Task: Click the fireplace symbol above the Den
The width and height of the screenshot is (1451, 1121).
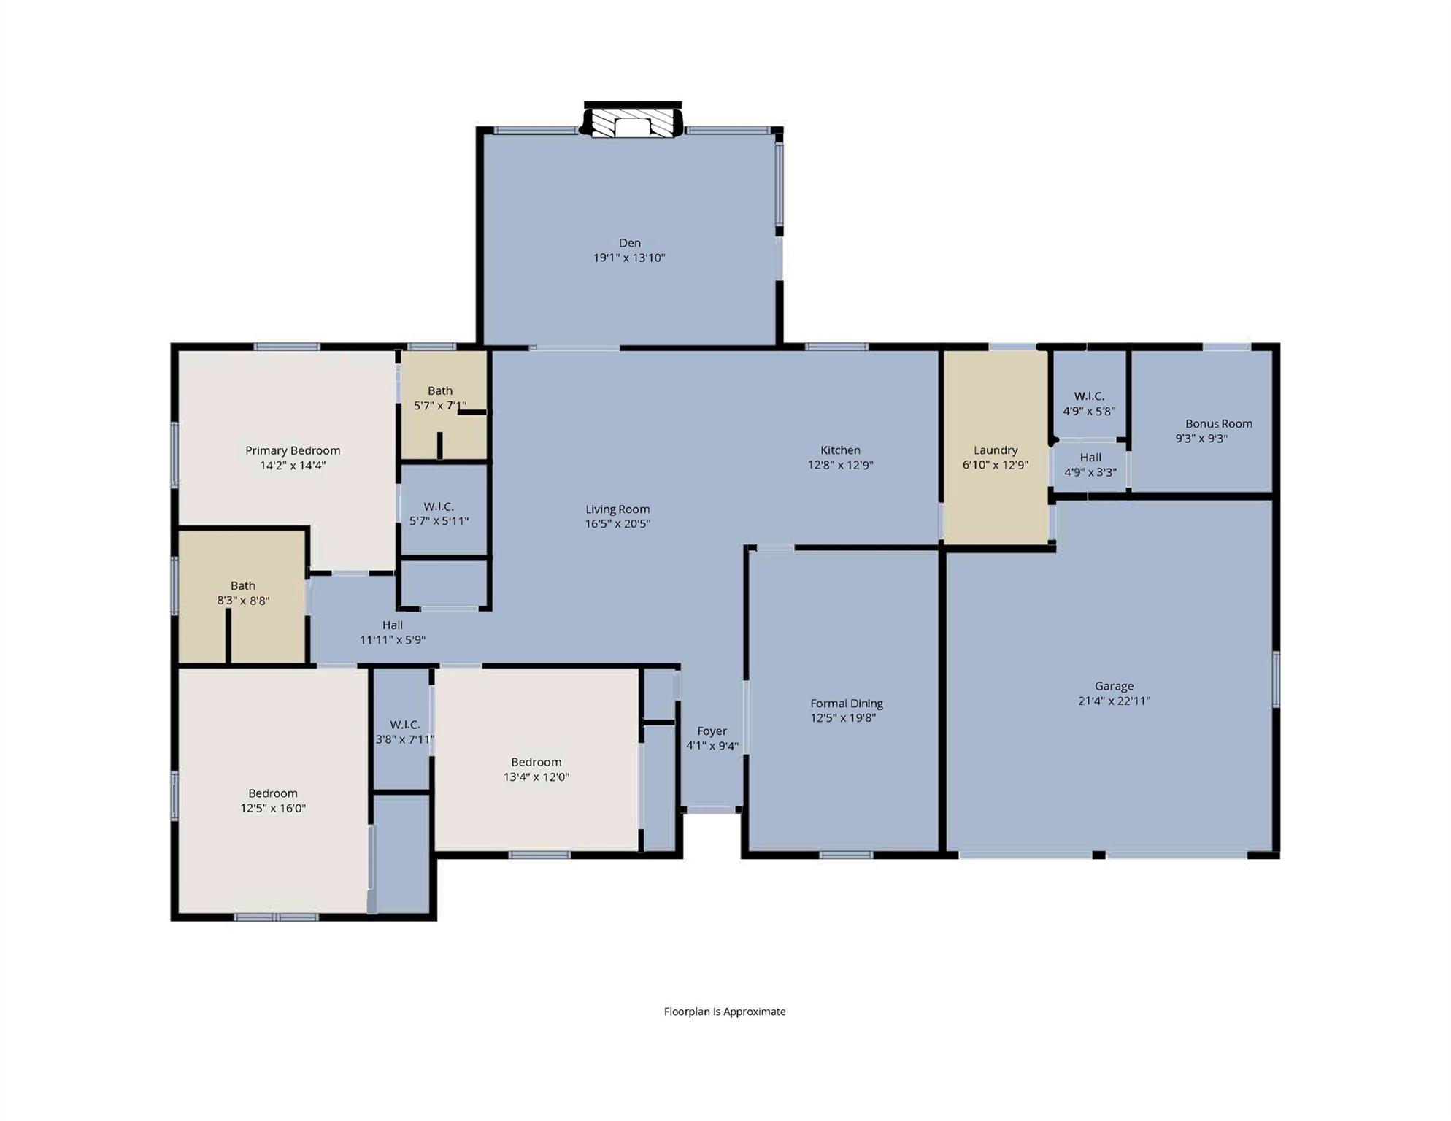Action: pos(632,123)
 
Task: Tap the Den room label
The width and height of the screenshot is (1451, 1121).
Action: pos(629,243)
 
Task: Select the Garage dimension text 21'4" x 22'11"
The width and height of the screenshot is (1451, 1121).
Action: pos(1114,701)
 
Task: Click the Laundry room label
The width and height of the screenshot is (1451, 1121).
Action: pos(995,450)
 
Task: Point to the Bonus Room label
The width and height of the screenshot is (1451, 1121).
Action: pos(1218,423)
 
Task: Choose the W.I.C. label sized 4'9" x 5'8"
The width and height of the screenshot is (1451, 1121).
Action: pos(1088,396)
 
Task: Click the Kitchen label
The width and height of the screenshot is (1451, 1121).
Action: pos(840,450)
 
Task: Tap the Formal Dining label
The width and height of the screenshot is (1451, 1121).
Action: pos(846,704)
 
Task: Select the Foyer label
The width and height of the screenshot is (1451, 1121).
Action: pos(712,731)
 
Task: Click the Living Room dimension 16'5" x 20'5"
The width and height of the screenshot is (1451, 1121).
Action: pos(617,523)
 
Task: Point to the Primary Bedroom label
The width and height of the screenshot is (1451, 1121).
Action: pos(293,450)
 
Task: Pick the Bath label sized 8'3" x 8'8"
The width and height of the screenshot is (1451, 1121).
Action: pos(242,585)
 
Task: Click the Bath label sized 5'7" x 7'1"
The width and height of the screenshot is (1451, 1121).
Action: pos(439,391)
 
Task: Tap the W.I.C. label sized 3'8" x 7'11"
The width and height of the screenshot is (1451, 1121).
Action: pos(404,725)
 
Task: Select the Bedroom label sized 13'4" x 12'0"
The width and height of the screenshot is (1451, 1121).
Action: pos(536,762)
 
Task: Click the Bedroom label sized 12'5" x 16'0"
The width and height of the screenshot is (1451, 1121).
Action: pos(273,793)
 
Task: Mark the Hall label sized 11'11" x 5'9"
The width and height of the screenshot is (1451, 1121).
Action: pos(392,625)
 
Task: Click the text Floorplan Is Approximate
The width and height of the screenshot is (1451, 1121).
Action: pos(724,1012)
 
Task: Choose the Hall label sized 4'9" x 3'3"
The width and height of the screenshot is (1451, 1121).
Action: pos(1090,458)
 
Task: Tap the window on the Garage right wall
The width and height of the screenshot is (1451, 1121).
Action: pos(1276,679)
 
